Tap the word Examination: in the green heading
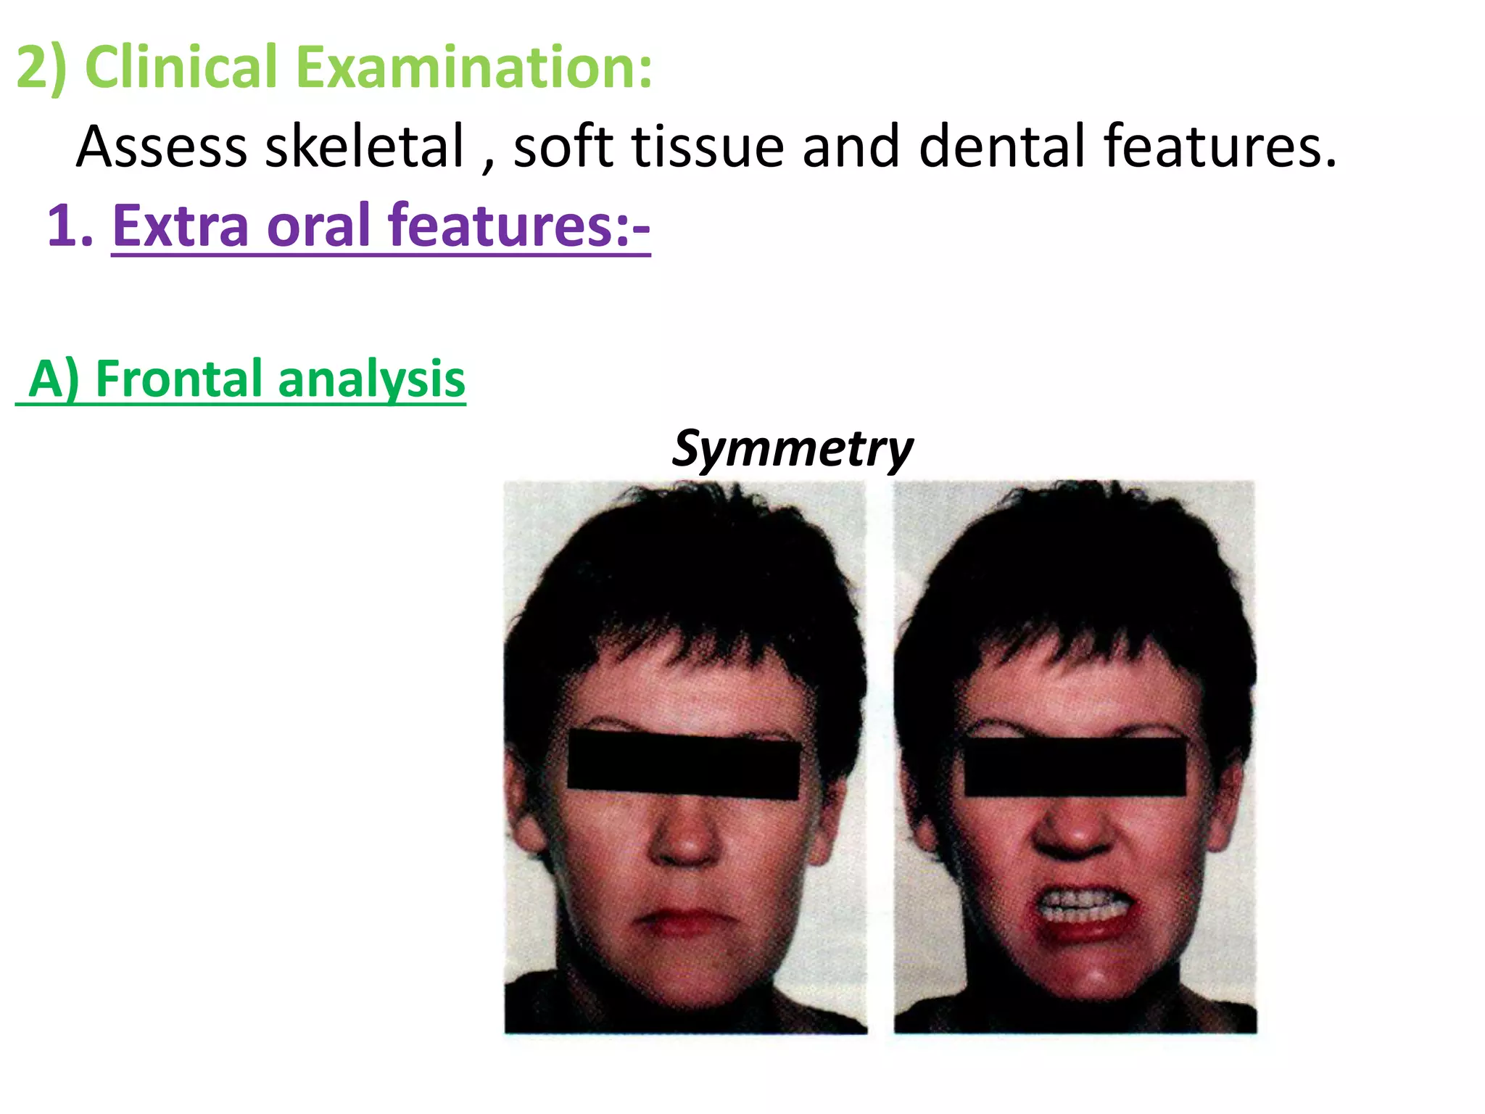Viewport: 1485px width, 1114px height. coord(474,67)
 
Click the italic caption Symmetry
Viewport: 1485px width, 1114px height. coord(792,448)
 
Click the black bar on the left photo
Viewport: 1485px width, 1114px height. coord(683,765)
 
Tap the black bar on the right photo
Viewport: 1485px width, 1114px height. coord(1075,767)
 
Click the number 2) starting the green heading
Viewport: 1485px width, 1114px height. coord(41,67)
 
